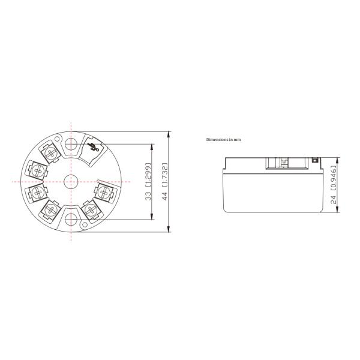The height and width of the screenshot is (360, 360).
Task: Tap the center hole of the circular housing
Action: point(71,181)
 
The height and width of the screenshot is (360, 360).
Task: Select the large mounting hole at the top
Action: point(71,144)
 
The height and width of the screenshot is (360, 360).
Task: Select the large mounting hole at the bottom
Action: point(71,218)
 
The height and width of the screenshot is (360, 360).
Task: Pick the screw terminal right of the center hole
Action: point(105,191)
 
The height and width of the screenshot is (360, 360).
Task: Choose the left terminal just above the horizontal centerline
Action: point(38,171)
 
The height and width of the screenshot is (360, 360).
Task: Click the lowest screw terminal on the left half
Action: point(50,209)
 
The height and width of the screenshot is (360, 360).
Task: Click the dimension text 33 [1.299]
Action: point(148,182)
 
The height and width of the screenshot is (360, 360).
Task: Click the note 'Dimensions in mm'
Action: point(223,139)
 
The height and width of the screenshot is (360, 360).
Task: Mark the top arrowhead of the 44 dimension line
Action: point(170,133)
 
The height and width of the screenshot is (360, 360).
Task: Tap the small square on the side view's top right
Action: point(314,161)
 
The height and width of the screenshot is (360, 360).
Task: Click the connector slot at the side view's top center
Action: point(282,162)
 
